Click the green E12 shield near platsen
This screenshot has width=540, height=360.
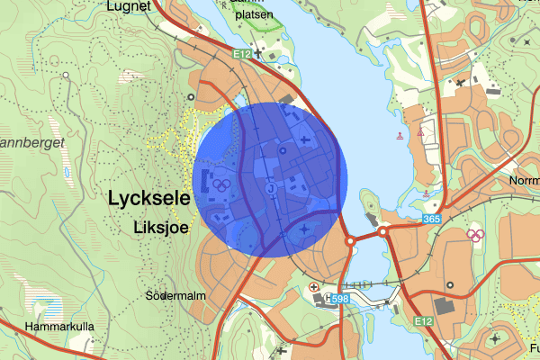coord(240,55)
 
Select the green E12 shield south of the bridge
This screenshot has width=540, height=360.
coord(424,319)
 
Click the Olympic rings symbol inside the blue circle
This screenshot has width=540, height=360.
coord(221,184)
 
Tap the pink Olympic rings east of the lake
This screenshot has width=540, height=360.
coord(476,237)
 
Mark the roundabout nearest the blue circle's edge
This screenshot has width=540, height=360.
coord(350,241)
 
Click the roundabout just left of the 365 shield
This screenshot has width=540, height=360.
coord(383,231)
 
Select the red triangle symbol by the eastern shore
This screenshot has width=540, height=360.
coord(421,133)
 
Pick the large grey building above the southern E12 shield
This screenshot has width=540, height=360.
coord(445,307)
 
